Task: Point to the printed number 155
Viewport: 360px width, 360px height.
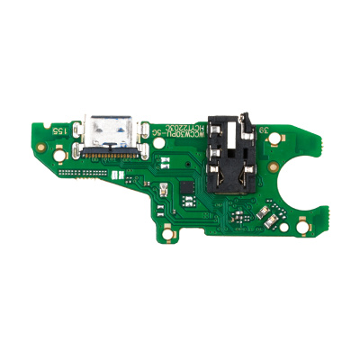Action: click(x=58, y=130)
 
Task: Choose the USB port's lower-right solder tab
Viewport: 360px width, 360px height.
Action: click(x=142, y=149)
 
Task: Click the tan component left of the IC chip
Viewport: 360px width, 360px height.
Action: click(x=166, y=191)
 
